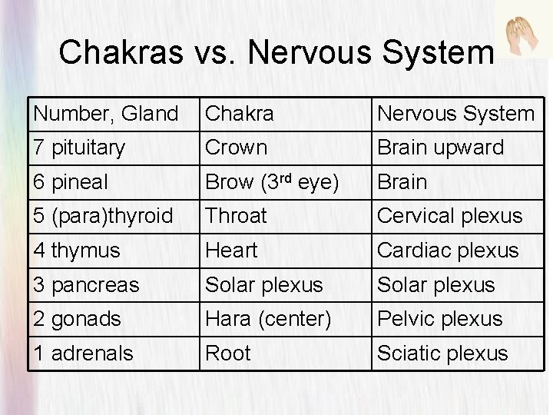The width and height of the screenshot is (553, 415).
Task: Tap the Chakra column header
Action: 239,115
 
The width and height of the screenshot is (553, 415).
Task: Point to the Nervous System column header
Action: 454,115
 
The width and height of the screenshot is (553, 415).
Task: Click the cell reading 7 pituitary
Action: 79,148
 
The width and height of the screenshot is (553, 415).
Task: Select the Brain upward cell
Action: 439,148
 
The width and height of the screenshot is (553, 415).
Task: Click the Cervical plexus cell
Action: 449,216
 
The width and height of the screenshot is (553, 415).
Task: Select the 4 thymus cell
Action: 77,251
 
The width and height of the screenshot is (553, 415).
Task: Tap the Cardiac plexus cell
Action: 447,251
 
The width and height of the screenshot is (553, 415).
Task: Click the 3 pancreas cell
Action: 86,284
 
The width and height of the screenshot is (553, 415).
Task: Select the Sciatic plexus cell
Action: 442,353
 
